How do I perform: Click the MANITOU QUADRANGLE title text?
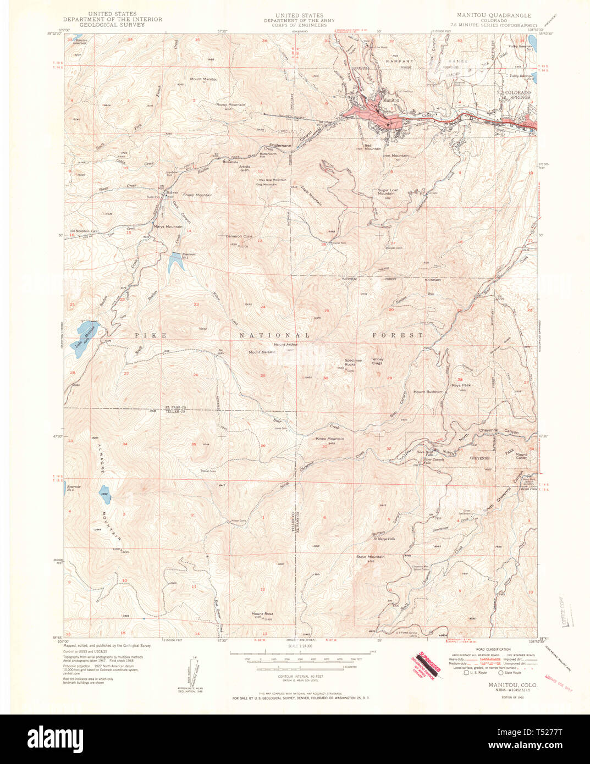493,15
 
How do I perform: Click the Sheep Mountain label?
197,195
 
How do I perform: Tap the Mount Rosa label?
262,614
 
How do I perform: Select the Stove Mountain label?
370,557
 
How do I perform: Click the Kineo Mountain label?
330,439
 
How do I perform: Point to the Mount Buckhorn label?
428,392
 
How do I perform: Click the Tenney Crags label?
377,361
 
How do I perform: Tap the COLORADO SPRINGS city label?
517,95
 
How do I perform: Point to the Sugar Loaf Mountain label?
386,192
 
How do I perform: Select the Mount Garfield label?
262,352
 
